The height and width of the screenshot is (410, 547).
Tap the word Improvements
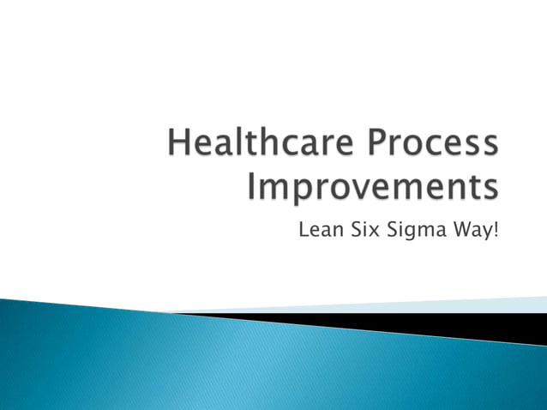(372, 186)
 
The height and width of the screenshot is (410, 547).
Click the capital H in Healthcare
(179, 143)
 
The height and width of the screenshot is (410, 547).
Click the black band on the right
(480, 324)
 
